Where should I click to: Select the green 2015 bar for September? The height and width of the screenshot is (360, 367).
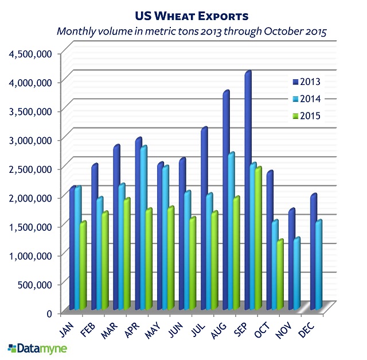(x=258, y=238)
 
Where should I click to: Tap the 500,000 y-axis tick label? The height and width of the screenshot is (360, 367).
(x=37, y=284)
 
